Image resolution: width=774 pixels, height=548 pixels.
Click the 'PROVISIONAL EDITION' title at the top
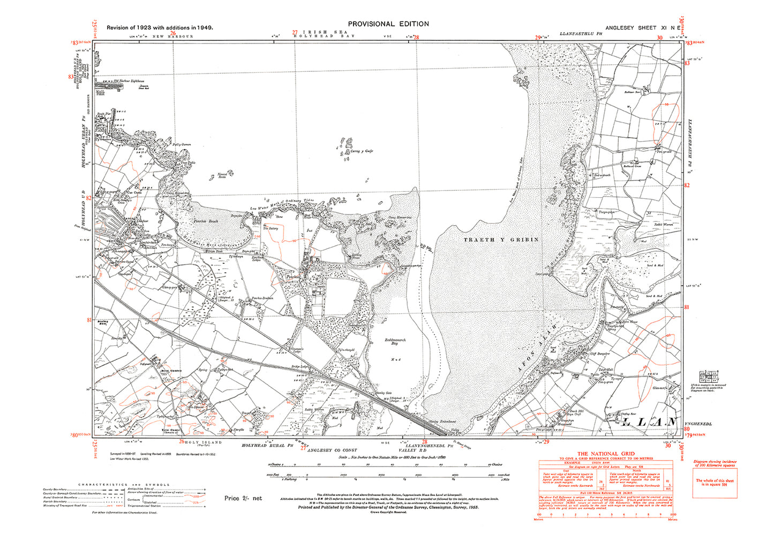click(388, 24)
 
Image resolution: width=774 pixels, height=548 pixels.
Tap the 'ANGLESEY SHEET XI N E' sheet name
click(643, 27)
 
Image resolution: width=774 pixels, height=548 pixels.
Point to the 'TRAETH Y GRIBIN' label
click(501, 240)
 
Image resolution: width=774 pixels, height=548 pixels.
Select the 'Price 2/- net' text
click(243, 498)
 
